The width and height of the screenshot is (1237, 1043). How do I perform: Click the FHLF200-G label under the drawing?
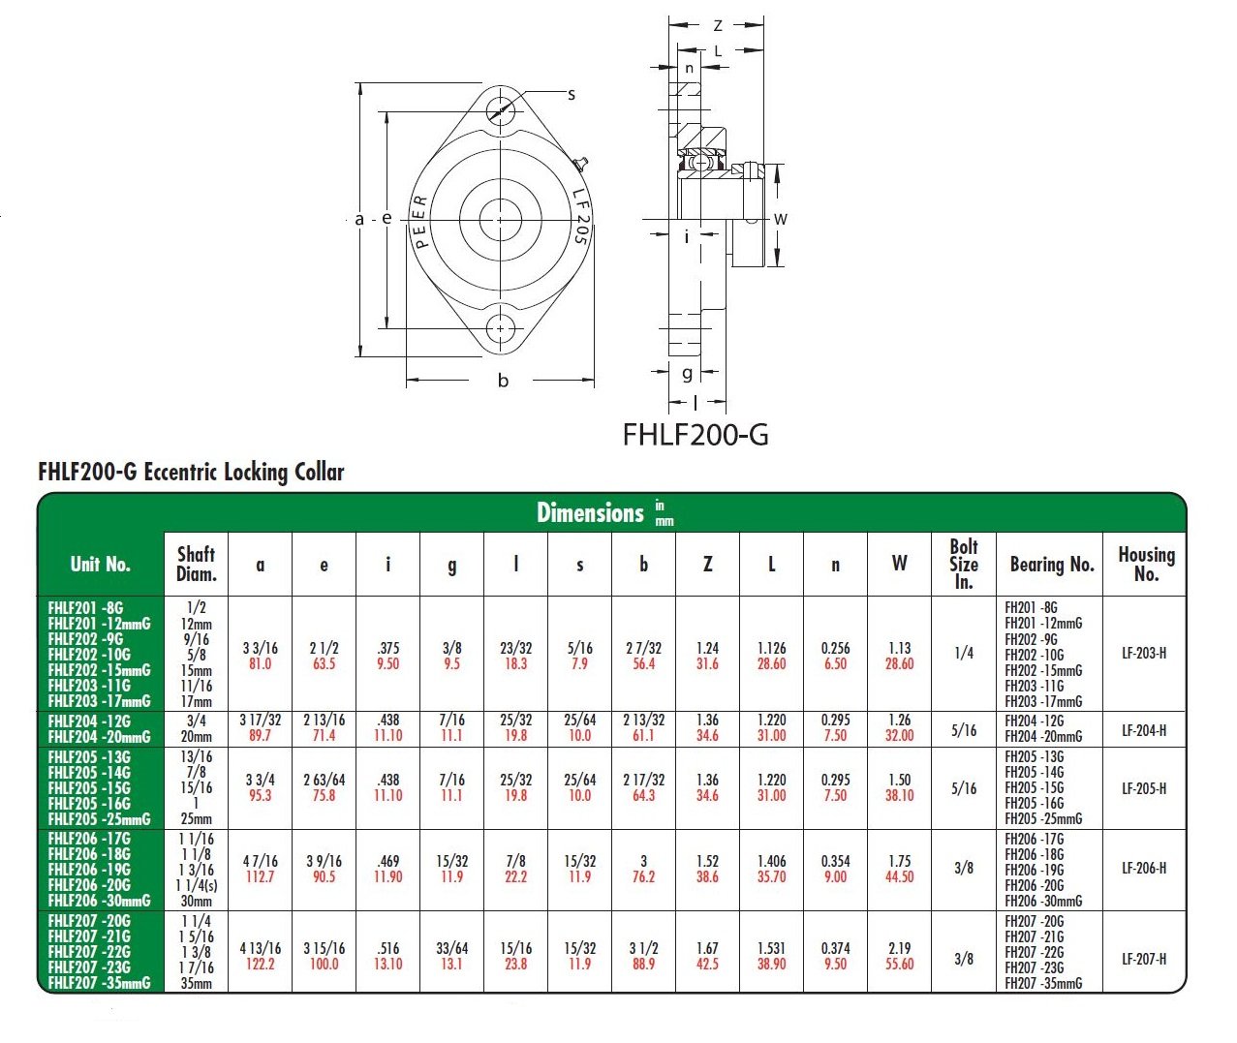tap(695, 435)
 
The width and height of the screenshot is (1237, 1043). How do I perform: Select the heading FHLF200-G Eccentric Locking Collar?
tap(191, 473)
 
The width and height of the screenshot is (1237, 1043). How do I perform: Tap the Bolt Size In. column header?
tap(963, 564)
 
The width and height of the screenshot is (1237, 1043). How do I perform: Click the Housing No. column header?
tap(1145, 564)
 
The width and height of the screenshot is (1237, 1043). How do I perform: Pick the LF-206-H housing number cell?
tap(1144, 869)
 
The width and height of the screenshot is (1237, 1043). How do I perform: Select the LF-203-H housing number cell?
tap(1144, 654)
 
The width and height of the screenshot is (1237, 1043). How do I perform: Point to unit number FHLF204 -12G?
tap(89, 721)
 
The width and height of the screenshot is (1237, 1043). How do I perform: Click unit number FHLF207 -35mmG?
tap(99, 983)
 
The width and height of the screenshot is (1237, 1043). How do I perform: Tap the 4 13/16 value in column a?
tap(260, 948)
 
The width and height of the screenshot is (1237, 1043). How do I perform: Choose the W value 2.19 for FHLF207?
tap(899, 948)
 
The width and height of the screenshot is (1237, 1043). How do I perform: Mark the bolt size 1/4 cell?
tap(963, 654)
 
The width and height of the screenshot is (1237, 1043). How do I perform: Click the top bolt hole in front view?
tap(501, 108)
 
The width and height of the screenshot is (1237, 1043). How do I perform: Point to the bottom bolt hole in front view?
tap(501, 328)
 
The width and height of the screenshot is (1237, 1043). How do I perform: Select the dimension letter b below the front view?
tap(503, 381)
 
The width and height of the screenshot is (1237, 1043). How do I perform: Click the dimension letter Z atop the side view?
tap(718, 26)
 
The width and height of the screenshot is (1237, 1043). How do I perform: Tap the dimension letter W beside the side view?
tap(780, 219)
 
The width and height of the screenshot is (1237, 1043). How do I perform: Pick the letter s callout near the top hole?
tap(572, 95)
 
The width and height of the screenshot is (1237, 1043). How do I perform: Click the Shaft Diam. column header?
tap(196, 564)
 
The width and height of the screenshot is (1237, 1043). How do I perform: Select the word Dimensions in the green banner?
tap(590, 512)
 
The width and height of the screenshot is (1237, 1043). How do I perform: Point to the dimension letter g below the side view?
tap(687, 373)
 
